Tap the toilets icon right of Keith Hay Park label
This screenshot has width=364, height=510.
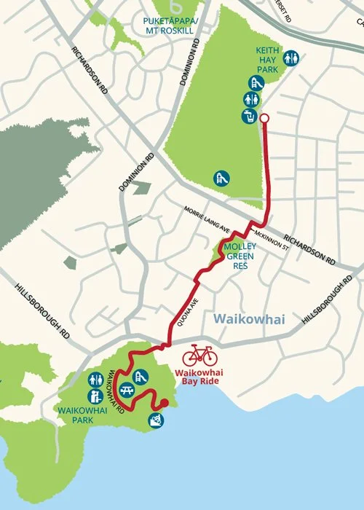[x=291, y=57]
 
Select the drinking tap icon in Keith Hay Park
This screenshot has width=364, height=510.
[x=249, y=116]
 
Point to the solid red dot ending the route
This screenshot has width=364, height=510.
[x=164, y=402]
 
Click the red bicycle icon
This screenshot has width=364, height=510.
[x=199, y=356]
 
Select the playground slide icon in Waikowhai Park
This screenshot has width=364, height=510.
[x=141, y=376]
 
